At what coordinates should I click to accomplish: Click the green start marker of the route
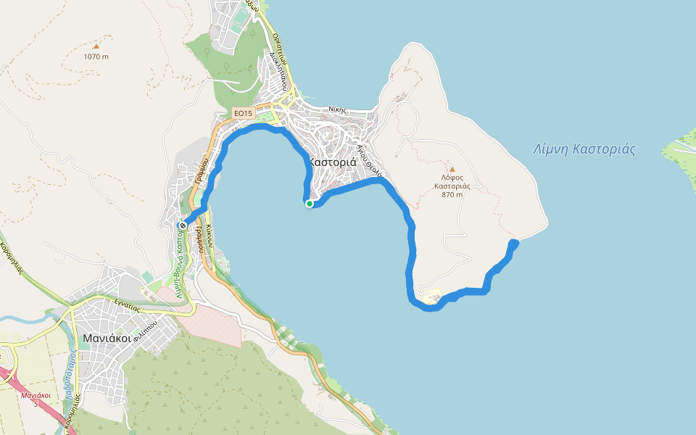[310, 204]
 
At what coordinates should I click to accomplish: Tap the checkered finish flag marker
[182, 225]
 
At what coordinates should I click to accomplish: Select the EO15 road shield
[243, 113]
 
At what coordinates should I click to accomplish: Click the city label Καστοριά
[333, 162]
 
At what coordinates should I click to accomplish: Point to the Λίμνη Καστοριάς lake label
[584, 150]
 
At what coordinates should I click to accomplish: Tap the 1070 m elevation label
[96, 57]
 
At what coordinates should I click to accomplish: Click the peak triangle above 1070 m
[96, 46]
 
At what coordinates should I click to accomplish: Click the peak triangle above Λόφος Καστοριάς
[452, 169]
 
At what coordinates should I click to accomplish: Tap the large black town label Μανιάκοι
[106, 338]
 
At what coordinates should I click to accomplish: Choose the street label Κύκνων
[209, 236]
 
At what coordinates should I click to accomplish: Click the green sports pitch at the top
[240, 15]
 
